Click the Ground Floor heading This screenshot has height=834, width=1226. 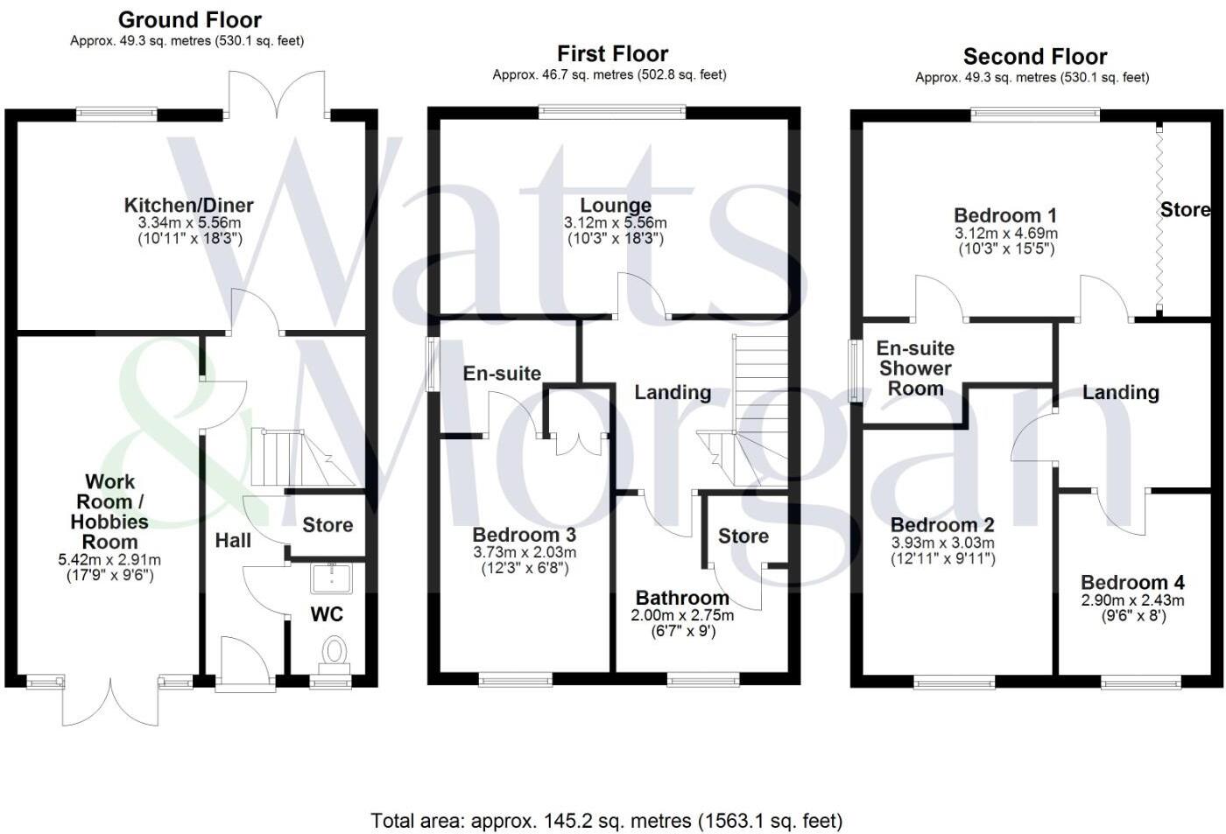click(x=189, y=19)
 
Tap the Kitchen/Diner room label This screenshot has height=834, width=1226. click(x=189, y=206)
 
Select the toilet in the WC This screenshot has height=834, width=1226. click(x=334, y=652)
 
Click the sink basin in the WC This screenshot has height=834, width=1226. click(x=331, y=578)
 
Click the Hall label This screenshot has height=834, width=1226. click(x=233, y=541)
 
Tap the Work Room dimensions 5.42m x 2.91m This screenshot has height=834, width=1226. click(x=109, y=560)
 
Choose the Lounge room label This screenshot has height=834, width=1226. click(x=616, y=207)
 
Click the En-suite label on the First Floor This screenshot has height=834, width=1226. click(x=502, y=374)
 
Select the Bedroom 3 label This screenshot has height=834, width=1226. click(x=524, y=535)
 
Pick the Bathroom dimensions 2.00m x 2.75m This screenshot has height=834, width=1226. click(x=682, y=615)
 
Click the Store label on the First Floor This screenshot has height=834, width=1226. click(x=743, y=536)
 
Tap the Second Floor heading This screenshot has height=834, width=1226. click(x=1035, y=57)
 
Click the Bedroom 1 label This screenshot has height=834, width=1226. click(x=1005, y=215)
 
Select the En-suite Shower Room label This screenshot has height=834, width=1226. click(x=915, y=368)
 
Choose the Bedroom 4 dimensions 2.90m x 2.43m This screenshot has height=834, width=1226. click(x=1132, y=600)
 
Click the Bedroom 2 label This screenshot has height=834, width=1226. click(x=942, y=525)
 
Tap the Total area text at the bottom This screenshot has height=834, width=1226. click(x=606, y=821)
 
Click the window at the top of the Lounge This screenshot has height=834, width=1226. click(x=612, y=111)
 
